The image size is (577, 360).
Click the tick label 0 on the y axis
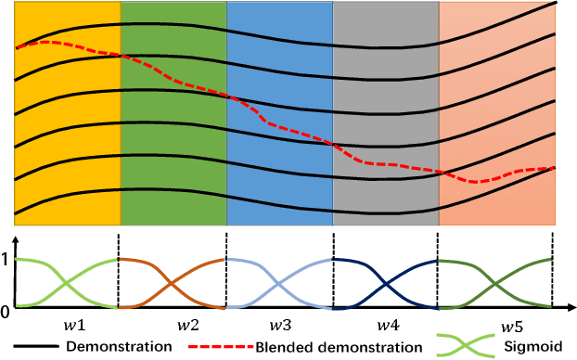tap(6, 310)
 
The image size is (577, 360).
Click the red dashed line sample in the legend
tap(217, 346)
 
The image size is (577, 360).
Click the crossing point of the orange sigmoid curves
tap(173, 284)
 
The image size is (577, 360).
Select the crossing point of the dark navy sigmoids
tap(384, 284)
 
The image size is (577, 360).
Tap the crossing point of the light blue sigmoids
tap(279, 284)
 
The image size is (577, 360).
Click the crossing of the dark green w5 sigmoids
tap(494, 284)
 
